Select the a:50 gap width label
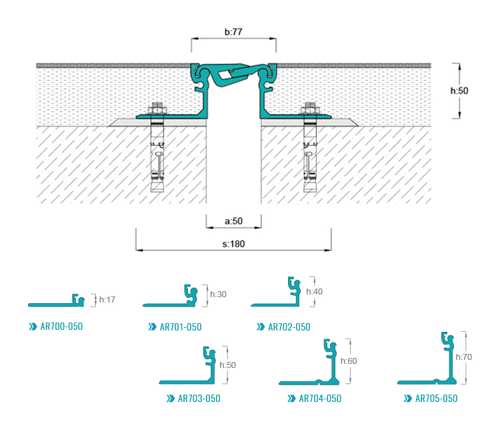coord(233,222)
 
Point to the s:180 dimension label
coord(233,244)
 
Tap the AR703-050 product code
coord(199,399)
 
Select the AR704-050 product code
coord(320,399)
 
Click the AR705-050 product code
coord(436,399)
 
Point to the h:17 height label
coord(107,300)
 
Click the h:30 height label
coord(219,294)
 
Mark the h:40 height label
coord(315,291)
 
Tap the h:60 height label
coord(349,361)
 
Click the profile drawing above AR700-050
coord(57,302)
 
